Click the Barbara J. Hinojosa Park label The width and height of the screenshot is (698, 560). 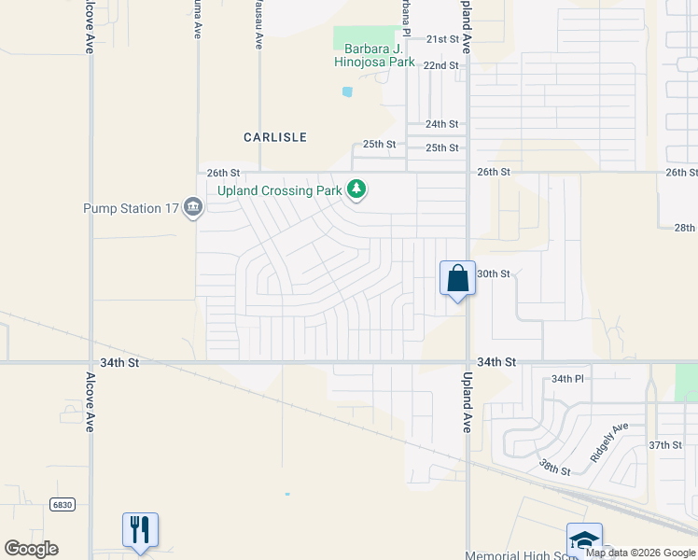[374, 55]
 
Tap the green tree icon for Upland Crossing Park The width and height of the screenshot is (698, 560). [356, 189]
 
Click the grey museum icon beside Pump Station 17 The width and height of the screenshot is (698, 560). [193, 206]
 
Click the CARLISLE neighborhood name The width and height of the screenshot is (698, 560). [275, 137]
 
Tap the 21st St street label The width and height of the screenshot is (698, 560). [442, 39]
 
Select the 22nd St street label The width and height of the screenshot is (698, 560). [441, 66]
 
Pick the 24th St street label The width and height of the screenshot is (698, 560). [441, 124]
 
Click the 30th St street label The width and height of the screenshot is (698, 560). [494, 274]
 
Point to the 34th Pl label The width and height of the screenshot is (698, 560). [566, 379]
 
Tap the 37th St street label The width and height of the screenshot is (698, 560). [665, 445]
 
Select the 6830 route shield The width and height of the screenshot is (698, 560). [63, 504]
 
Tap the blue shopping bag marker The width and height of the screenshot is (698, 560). [457, 278]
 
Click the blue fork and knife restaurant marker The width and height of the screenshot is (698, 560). [140, 529]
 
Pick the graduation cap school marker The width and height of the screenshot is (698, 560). [584, 539]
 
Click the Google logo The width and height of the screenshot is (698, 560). [31, 549]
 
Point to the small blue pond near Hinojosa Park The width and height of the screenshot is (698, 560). [347, 91]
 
